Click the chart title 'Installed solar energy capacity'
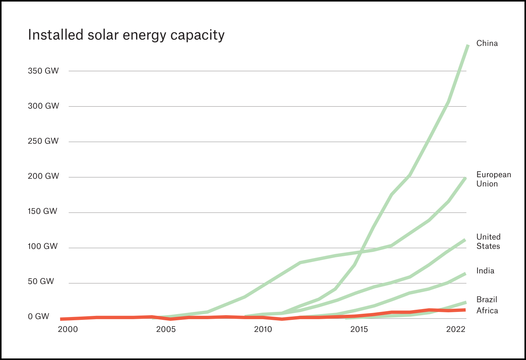pos(126,35)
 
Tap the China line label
pos(487,43)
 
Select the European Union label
pos(493,179)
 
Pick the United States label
pos(488,241)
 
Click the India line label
pos(485,271)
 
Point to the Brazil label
pos(487,300)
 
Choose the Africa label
pos(487,311)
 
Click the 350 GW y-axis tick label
pos(43,71)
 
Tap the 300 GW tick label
pos(43,106)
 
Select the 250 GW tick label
pos(43,141)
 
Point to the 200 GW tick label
pos(43,176)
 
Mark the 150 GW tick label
pos(42,211)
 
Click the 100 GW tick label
pos(42,247)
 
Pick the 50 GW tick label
pos(40,282)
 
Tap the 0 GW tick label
pos(38,317)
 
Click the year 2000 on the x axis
pos(68,329)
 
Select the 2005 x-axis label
pos(166,329)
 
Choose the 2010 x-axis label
pos(263,329)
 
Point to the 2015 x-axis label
pos(359,329)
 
